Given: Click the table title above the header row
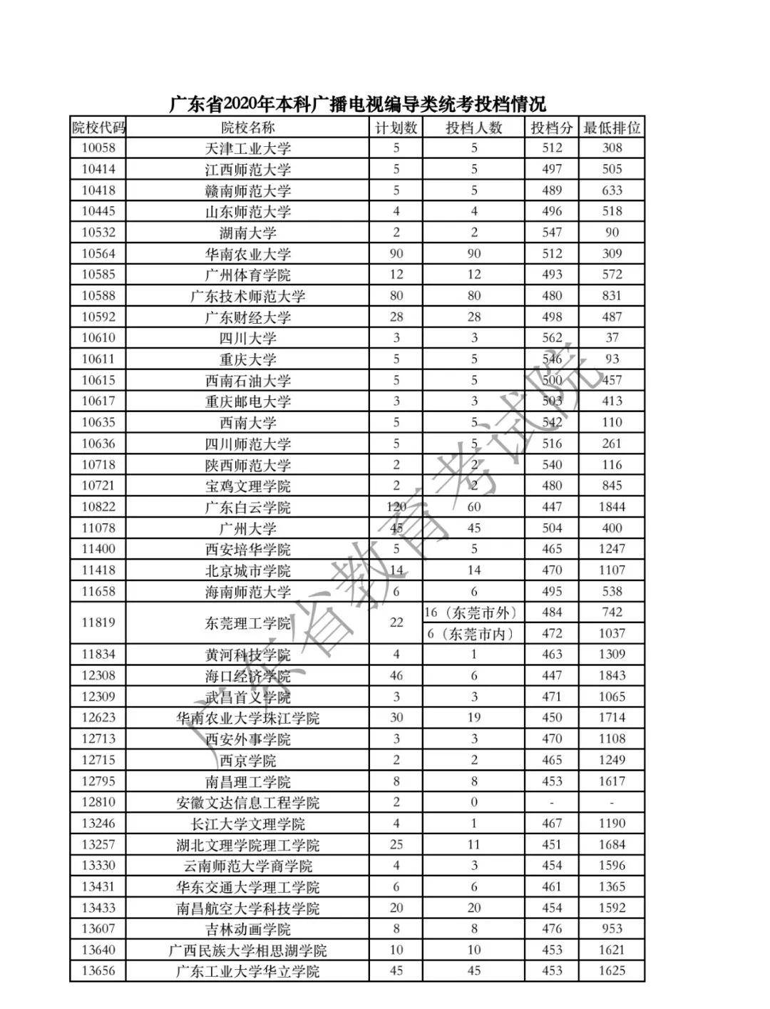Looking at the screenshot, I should tap(357, 104).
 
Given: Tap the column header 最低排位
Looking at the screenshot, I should tap(612, 128).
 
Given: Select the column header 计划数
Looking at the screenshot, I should tap(396, 128).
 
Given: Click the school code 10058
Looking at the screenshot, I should tap(98, 148).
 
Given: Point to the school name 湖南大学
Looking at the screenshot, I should tap(247, 233).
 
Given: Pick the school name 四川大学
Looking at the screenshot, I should tap(247, 339).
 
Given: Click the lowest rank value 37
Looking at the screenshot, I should tap(612, 338).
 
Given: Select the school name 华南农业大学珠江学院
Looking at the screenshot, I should tap(247, 719).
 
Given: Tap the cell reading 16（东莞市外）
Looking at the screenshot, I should tap(473, 613).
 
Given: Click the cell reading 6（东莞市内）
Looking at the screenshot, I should tap(473, 634).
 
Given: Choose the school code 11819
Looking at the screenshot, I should tap(98, 623).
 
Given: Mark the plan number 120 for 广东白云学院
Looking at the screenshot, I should tap(396, 507).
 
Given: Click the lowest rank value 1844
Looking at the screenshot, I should tap(612, 507).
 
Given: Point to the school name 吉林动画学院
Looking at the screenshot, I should tap(247, 930).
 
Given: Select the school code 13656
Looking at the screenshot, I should tap(98, 971).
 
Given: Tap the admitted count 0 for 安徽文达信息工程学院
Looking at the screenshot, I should tap(473, 802).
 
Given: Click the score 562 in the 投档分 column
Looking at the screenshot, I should tap(552, 338).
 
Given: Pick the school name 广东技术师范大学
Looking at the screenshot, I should tap(247, 297).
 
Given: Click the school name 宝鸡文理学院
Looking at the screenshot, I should tap(247, 486).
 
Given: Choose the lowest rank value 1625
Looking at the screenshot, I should tap(612, 971).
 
